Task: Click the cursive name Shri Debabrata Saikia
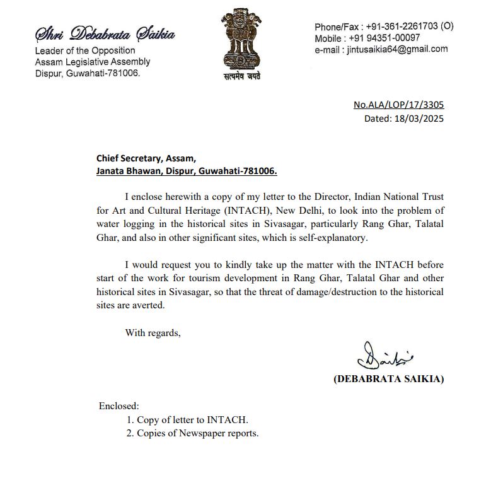coord(105,33)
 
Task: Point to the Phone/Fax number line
coord(383,26)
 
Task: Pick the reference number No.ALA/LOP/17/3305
coord(403,105)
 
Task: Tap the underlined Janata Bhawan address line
coord(187,170)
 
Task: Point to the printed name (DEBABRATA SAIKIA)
coord(388,379)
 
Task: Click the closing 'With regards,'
coord(153,332)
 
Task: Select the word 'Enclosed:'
coord(119,405)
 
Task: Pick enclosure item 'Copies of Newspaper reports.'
coord(197,433)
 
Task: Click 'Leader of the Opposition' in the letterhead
coord(85,50)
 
